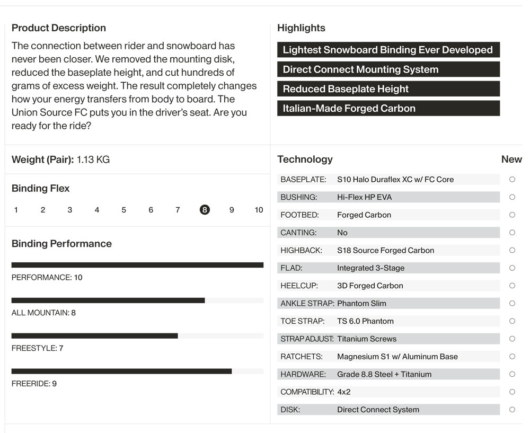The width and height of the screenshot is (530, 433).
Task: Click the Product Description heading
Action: pyautogui.click(x=59, y=28)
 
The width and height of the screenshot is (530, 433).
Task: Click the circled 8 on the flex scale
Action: pyautogui.click(x=205, y=210)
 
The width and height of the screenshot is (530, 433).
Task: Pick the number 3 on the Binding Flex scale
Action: pyautogui.click(x=69, y=210)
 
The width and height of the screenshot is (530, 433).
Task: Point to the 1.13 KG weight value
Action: pyautogui.click(x=93, y=160)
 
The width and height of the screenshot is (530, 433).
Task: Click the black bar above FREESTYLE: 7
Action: pyautogui.click(x=95, y=335)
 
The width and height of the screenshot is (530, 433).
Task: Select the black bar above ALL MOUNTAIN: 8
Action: pyautogui.click(x=108, y=301)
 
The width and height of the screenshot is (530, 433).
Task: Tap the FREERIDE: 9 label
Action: pyautogui.click(x=34, y=384)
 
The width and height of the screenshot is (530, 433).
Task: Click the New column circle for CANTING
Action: pyautogui.click(x=512, y=233)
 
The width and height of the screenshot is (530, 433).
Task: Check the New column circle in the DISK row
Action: pyautogui.click(x=512, y=410)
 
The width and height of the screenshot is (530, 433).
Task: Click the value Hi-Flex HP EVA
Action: pyautogui.click(x=365, y=197)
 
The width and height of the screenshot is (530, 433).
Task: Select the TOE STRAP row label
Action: pyautogui.click(x=303, y=321)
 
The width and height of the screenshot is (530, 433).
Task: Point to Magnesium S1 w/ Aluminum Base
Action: pyautogui.click(x=397, y=357)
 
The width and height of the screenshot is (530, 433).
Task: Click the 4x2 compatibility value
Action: pyautogui.click(x=344, y=392)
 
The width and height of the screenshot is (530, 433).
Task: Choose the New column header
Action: pyautogui.click(x=511, y=159)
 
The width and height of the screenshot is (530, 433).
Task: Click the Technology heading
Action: pyautogui.click(x=305, y=159)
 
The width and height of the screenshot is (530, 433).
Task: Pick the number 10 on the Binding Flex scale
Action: pyautogui.click(x=259, y=210)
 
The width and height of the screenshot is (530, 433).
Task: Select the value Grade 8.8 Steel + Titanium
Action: pyautogui.click(x=384, y=374)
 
